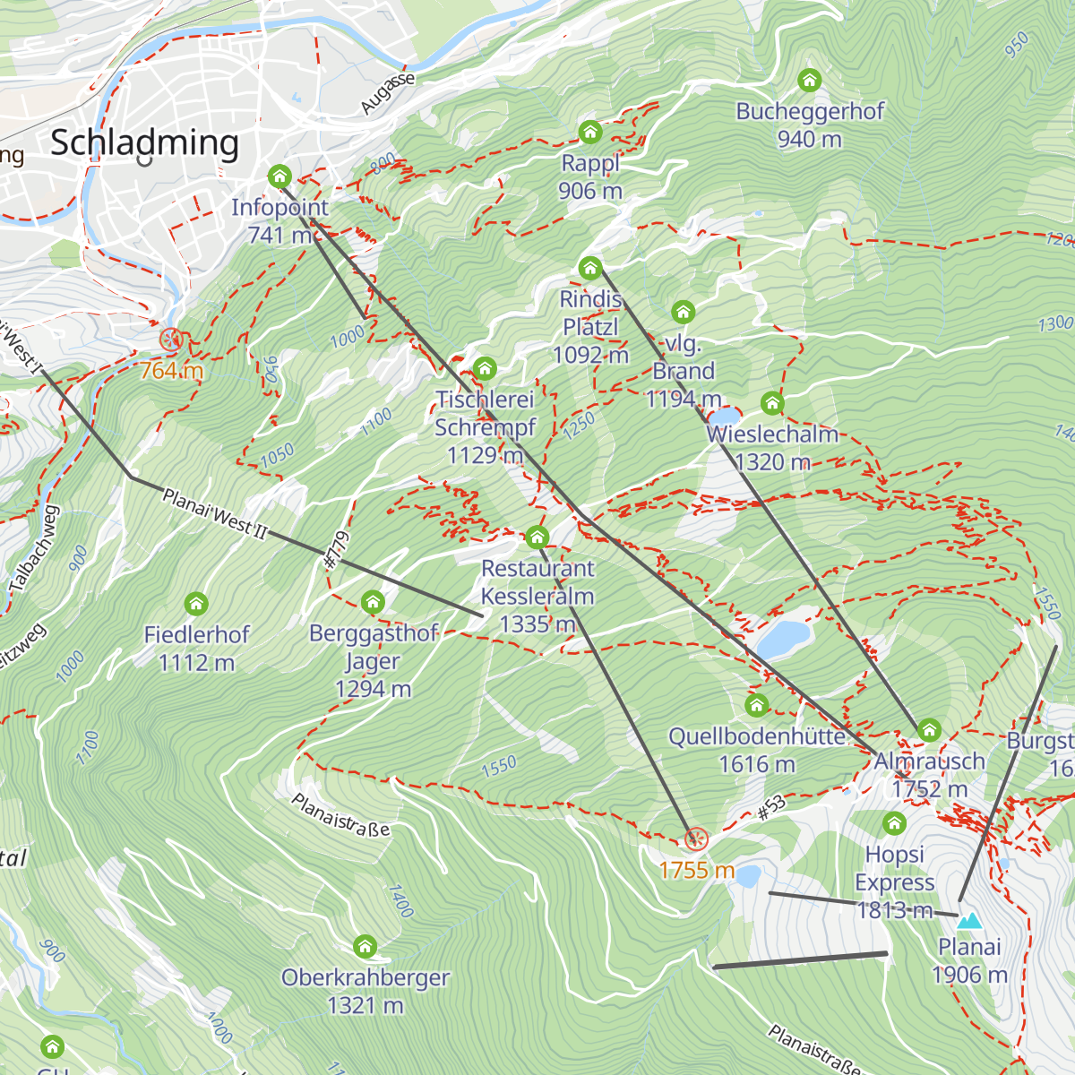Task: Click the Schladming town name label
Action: click(x=145, y=143)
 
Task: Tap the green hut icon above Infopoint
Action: click(x=279, y=176)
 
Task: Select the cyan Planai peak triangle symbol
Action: click(x=969, y=921)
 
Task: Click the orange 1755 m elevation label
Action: click(x=696, y=870)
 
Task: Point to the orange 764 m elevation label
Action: click(x=170, y=370)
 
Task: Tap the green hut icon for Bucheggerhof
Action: click(x=810, y=81)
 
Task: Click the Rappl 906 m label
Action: click(x=590, y=176)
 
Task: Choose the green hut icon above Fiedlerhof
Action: click(x=196, y=604)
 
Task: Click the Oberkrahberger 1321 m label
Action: click(x=365, y=991)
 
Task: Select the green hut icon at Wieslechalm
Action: click(x=772, y=403)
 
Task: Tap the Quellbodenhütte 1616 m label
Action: click(x=757, y=750)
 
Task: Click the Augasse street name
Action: click(x=388, y=93)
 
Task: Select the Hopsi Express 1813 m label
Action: click(x=894, y=882)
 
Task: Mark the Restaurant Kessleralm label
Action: click(x=537, y=596)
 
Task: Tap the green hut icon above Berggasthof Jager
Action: click(x=373, y=602)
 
